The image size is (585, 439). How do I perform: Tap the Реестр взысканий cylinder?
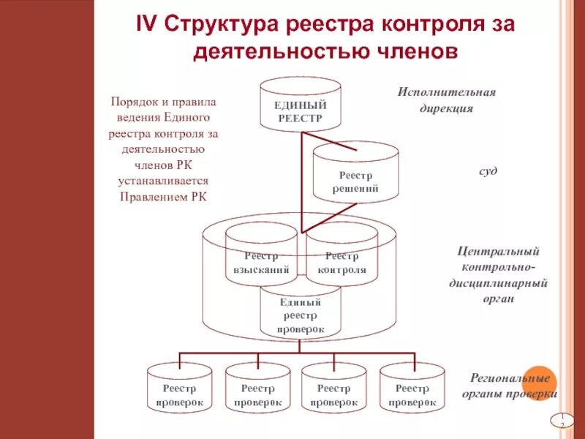[261, 262]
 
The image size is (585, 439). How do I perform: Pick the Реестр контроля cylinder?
[341, 262]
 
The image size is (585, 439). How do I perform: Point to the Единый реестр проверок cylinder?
[300, 315]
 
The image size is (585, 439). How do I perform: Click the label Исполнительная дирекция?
[446, 100]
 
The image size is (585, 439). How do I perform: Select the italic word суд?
[488, 170]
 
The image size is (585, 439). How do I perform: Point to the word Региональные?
[499, 378]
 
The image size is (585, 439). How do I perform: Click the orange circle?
[542, 382]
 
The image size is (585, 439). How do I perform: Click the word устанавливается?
[164, 180]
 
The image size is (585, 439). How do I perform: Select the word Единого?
[188, 117]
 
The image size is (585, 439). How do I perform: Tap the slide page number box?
[561, 420]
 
